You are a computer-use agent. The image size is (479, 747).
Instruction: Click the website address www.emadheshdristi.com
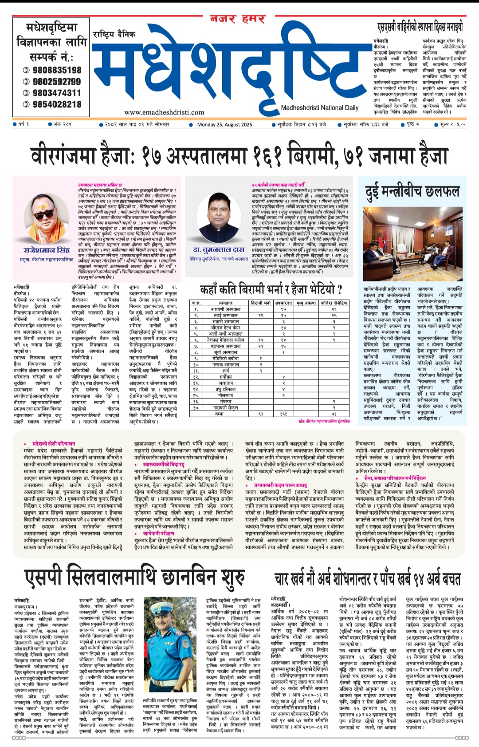[x=164, y=113]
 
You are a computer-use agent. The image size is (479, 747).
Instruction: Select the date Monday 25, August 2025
[x=224, y=125]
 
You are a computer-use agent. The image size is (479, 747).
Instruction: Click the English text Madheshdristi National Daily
[x=320, y=108]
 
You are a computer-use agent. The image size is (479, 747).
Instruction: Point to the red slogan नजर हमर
[x=237, y=19]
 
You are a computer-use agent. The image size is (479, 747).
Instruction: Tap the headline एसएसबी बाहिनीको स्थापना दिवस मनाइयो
[x=419, y=27]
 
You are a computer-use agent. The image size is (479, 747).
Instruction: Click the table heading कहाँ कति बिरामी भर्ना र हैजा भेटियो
[x=271, y=289]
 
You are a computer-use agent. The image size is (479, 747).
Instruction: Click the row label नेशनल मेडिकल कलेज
[x=225, y=340]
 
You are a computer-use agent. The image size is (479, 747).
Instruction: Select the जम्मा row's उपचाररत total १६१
[x=283, y=414]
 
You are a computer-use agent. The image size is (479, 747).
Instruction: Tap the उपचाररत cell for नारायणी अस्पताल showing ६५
[x=283, y=309]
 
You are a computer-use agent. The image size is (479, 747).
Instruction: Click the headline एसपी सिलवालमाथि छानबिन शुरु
[x=134, y=577]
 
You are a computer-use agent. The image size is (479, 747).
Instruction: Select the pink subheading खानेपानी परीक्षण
[x=158, y=533]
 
